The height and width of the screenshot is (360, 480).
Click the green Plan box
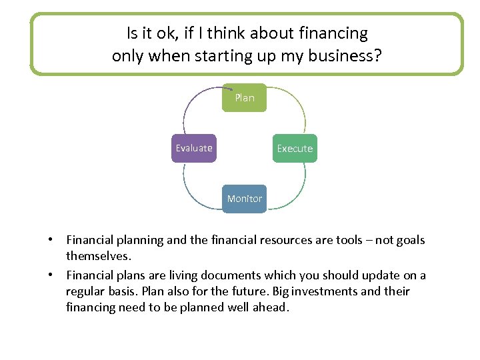pos(244,97)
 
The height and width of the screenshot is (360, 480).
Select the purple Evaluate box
pos(193,148)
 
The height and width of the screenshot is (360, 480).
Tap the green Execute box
pos(294,148)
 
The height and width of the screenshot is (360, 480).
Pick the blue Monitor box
pos(244,199)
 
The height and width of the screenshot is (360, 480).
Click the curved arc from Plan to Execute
pos(294,107)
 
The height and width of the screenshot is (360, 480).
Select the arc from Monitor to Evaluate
pos(193,190)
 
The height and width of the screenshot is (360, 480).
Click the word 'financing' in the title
pos(333,33)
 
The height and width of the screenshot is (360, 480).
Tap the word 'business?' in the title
pos(347,55)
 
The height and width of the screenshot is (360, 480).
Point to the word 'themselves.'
pos(97,256)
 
